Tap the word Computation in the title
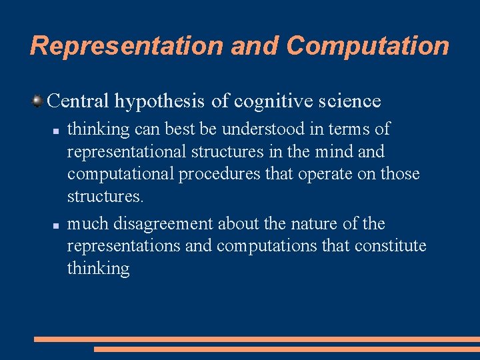click(x=368, y=46)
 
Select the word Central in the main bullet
click(x=78, y=101)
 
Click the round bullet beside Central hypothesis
click(x=38, y=101)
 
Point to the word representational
click(x=127, y=152)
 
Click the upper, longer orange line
click(x=257, y=339)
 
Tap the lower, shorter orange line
click(x=287, y=349)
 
